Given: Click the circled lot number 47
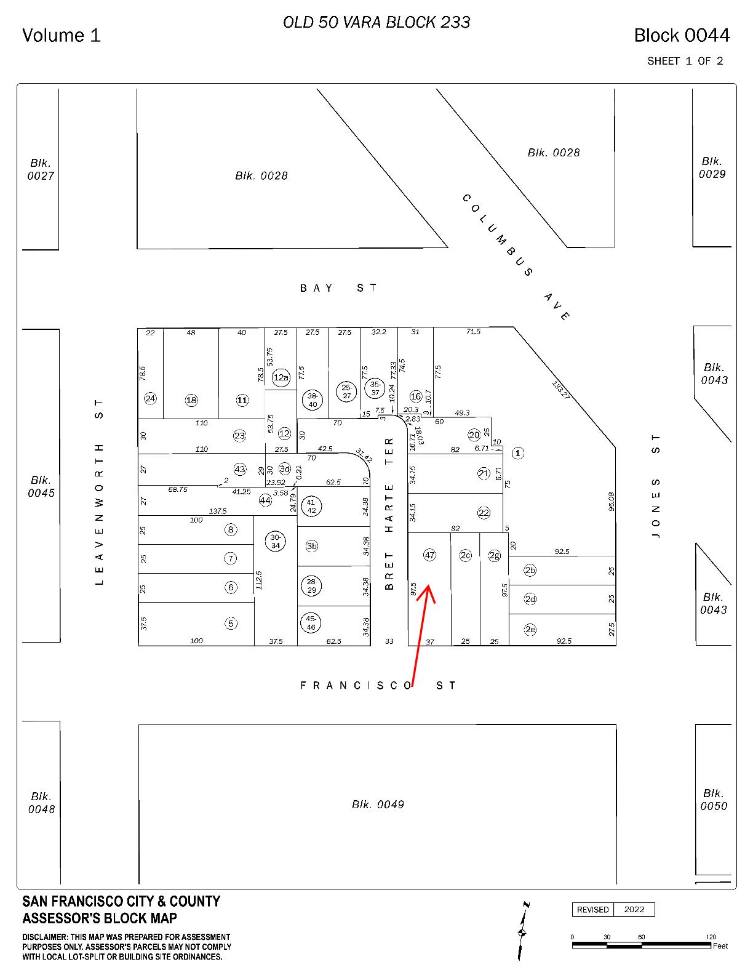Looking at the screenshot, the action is [429, 555].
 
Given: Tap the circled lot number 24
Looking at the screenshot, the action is [150, 398].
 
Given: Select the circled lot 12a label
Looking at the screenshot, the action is [281, 377].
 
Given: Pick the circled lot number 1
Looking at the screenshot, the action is [518, 453].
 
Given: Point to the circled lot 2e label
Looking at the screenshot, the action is [530, 629].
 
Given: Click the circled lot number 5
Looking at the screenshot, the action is [231, 624].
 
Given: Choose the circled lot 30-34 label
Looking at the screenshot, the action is [276, 541].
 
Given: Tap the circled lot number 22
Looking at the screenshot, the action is [484, 513].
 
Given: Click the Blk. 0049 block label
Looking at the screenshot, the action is [378, 804].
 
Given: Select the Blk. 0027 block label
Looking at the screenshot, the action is [41, 169].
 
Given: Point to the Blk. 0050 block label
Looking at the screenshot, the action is [713, 800].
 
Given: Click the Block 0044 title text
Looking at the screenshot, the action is [682, 36].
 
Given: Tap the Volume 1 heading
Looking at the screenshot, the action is [62, 36].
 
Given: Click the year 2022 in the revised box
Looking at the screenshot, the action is [634, 909].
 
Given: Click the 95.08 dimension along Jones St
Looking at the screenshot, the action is [611, 501].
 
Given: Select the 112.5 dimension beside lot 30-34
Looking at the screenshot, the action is [259, 580].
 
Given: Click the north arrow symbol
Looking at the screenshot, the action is [523, 932].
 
